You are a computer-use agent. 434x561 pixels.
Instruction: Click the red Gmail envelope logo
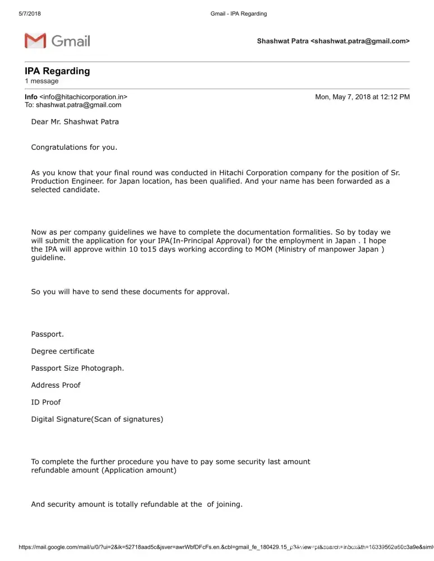(35, 40)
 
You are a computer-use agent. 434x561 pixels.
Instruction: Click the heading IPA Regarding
(57, 71)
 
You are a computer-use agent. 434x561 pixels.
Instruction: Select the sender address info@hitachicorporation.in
(83, 97)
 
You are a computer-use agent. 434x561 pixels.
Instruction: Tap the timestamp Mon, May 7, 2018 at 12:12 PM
(362, 97)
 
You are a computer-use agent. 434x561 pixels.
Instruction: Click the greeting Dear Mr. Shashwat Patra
(75, 122)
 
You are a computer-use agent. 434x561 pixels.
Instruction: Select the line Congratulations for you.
(74, 148)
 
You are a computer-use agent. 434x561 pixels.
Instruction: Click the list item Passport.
(47, 334)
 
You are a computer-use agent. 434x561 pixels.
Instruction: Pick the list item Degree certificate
(62, 351)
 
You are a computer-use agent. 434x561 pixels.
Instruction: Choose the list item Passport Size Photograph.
(77, 368)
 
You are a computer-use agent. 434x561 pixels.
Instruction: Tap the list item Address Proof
(56, 385)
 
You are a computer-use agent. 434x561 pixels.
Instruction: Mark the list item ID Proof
(45, 402)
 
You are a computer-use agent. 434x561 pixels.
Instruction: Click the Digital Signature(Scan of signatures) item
(97, 419)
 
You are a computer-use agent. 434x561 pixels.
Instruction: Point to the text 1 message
(42, 81)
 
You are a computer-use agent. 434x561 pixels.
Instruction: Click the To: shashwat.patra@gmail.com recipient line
(73, 105)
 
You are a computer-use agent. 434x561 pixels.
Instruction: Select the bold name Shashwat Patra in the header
(282, 42)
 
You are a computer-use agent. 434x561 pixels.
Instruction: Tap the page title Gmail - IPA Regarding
(239, 13)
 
